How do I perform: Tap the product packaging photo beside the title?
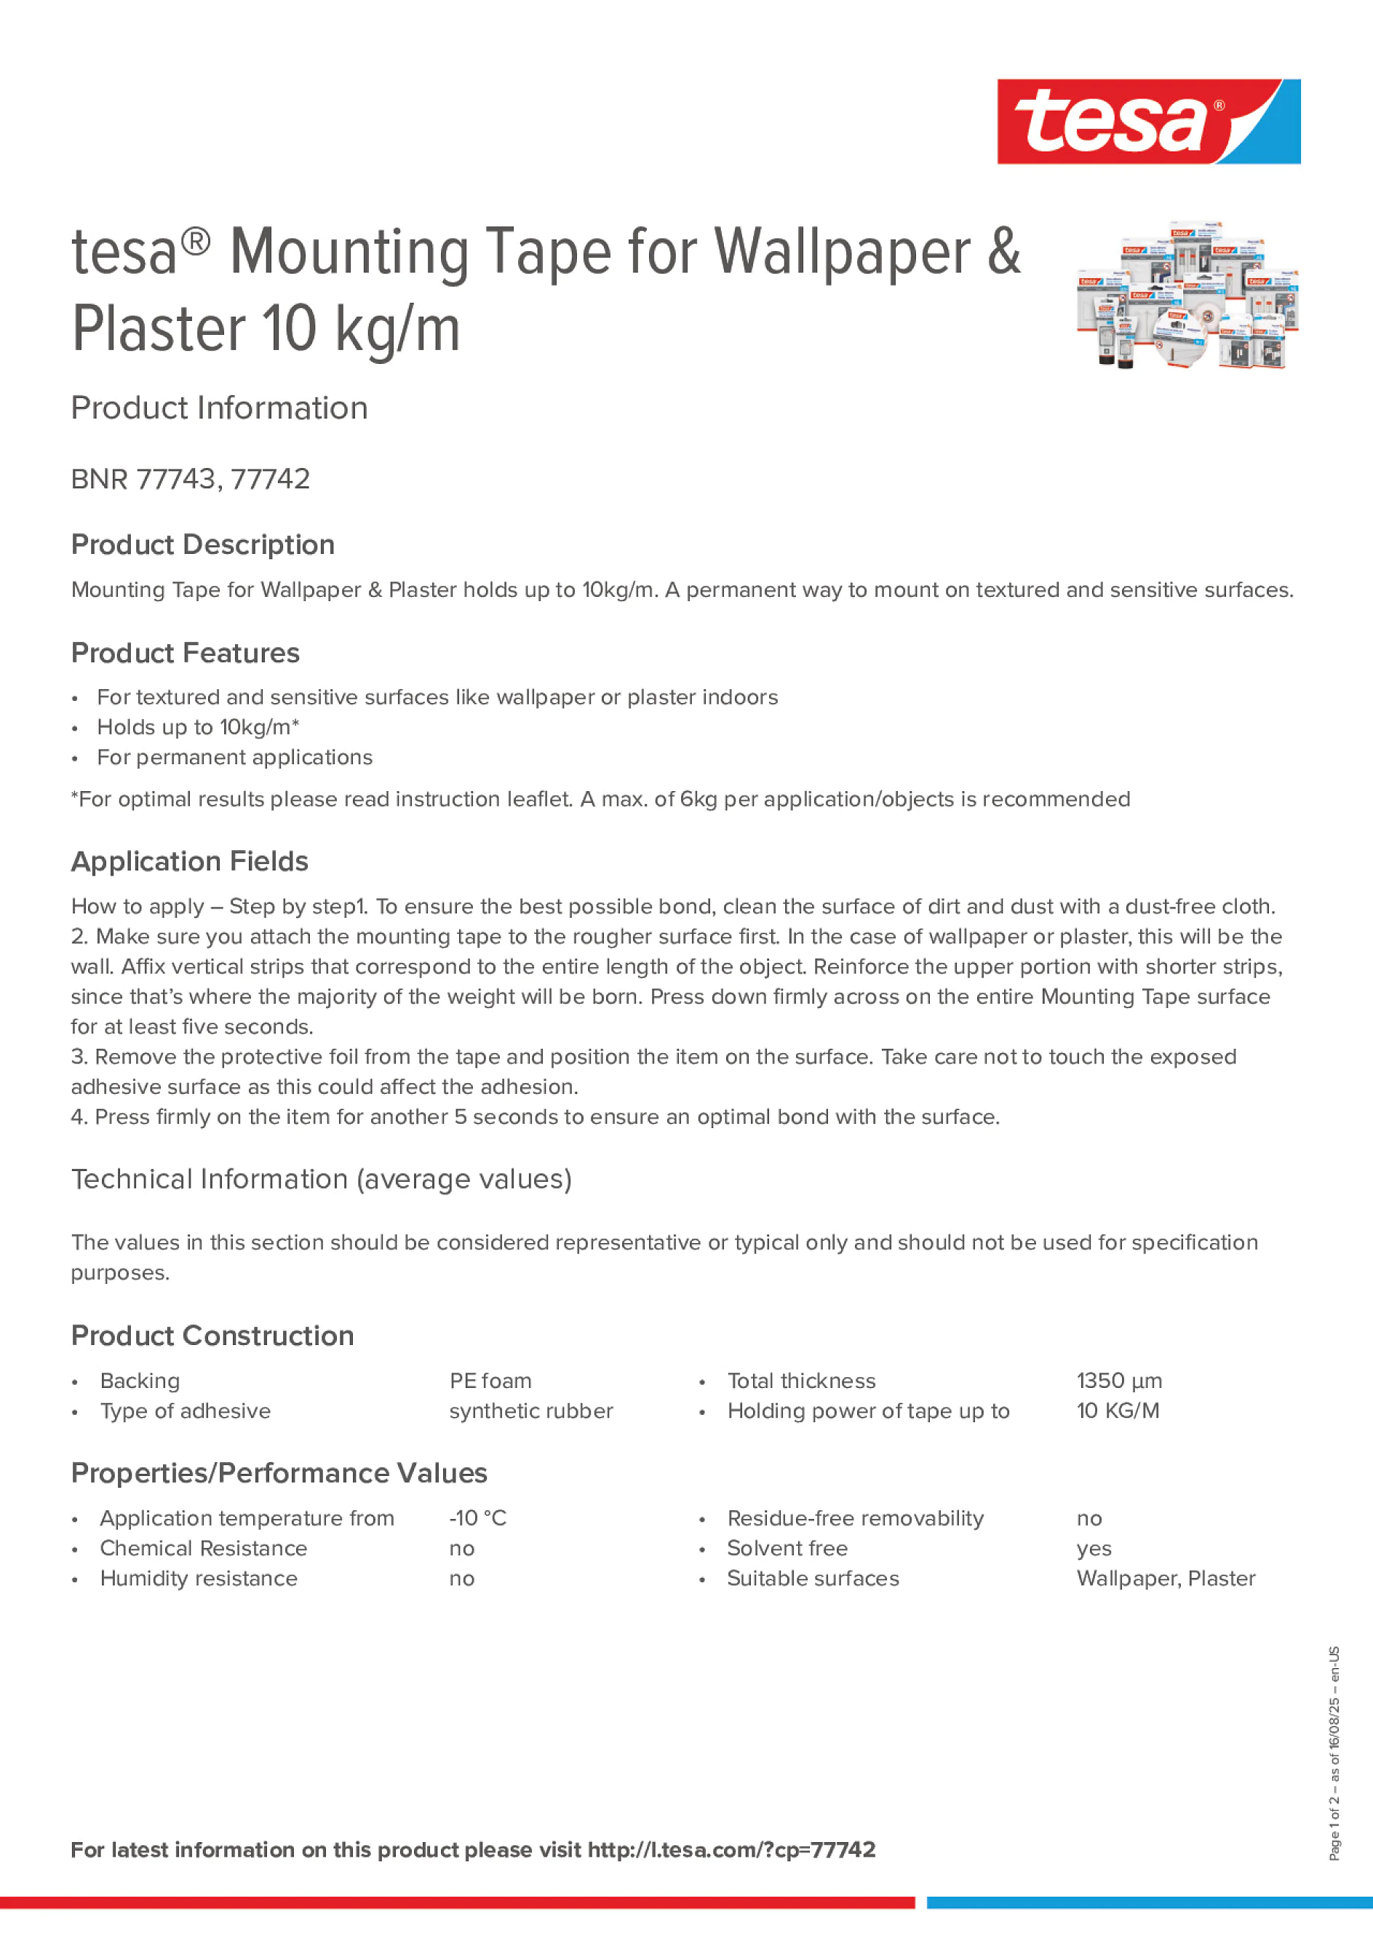tap(1187, 295)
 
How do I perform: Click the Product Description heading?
tap(203, 544)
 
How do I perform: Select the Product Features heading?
tap(186, 653)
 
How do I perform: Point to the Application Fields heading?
tap(190, 861)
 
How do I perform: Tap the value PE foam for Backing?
tap(490, 1381)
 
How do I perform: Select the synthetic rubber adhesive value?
tap(530, 1411)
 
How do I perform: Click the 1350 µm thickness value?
tap(1118, 1381)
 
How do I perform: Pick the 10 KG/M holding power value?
tap(1118, 1411)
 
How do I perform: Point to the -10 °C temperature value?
tap(477, 1518)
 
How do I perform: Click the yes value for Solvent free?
tap(1094, 1549)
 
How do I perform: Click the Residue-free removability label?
tap(855, 1518)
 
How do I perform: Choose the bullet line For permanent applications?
tap(234, 757)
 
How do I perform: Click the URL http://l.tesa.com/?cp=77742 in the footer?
tap(731, 1849)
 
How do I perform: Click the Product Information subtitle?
tap(219, 408)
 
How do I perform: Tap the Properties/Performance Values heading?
tap(279, 1473)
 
